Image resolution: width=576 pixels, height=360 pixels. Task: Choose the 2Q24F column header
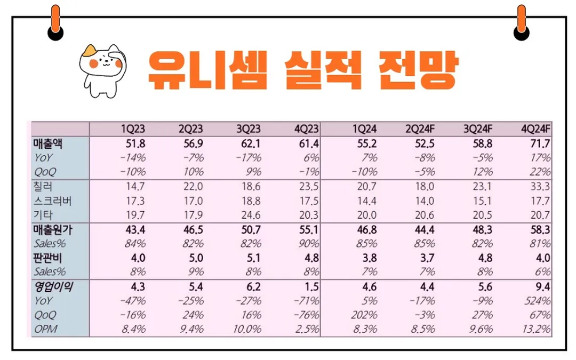420,130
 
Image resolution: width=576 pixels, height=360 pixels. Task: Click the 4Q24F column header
536,130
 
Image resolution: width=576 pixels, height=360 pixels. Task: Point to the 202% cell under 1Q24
365,315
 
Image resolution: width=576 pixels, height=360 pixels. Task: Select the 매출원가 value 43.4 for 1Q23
134,230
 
